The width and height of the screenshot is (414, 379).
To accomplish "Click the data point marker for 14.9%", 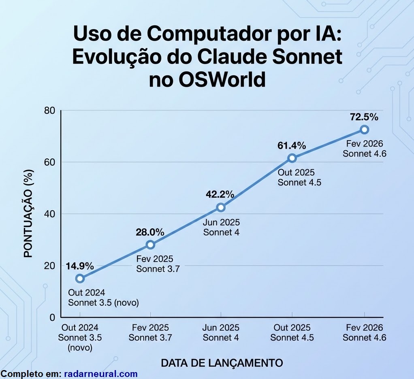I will click(80, 278).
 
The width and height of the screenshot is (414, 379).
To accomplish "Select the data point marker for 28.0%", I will click(150, 245).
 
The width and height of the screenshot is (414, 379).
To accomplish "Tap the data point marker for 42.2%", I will click(221, 207).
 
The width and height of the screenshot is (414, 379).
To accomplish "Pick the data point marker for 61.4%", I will click(292, 158).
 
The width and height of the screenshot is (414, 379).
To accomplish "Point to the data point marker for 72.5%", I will click(364, 130).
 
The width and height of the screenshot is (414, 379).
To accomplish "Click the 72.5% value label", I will click(364, 117).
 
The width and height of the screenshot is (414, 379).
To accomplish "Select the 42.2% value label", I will click(220, 194).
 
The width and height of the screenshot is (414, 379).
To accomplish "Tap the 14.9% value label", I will click(80, 266).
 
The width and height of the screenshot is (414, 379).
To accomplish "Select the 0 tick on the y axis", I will click(52, 317).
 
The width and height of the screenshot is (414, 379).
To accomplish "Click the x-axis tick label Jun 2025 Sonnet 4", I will click(221, 332).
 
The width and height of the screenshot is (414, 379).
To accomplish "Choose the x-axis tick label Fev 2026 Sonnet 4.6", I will click(364, 332).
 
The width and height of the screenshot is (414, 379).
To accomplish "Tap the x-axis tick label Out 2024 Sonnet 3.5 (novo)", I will click(80, 337).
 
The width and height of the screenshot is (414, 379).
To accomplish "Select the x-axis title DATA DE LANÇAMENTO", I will click(222, 363).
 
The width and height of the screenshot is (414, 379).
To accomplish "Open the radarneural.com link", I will click(101, 374).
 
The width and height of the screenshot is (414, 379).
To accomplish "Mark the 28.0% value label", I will click(150, 232).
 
